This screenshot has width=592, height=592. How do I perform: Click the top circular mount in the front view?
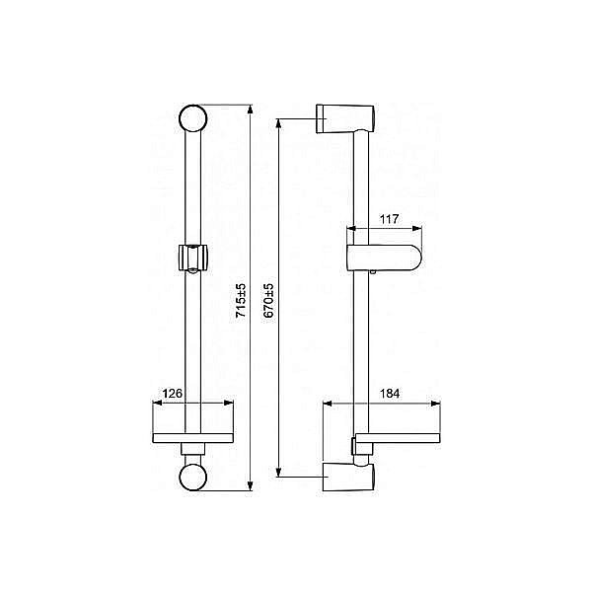(193, 120)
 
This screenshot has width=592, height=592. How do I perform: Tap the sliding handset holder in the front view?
(193, 257)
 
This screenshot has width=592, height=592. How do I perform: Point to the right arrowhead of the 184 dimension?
(434, 404)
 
